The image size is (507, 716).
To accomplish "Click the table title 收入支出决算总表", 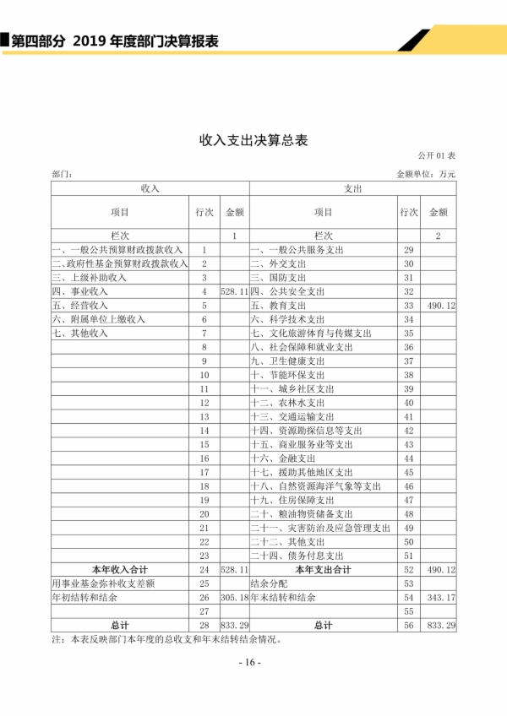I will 253,141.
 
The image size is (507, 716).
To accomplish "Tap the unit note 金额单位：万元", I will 426,174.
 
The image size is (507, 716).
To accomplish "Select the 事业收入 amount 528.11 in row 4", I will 233,290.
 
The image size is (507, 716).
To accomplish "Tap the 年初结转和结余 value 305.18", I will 233,597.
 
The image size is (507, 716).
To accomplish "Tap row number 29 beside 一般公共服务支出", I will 409,250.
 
